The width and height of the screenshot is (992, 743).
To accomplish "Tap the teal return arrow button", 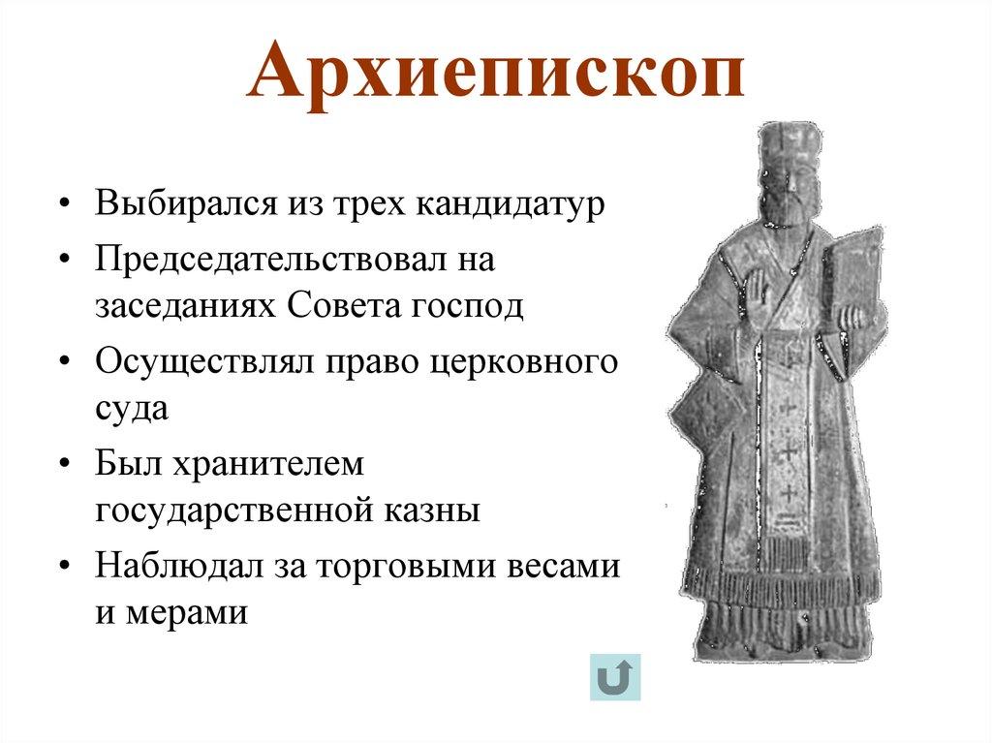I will [615, 677].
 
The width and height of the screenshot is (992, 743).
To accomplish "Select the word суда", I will [132, 408].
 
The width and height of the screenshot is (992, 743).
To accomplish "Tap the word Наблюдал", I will [164, 565].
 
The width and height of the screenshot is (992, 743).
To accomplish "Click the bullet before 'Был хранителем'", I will [63, 464].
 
